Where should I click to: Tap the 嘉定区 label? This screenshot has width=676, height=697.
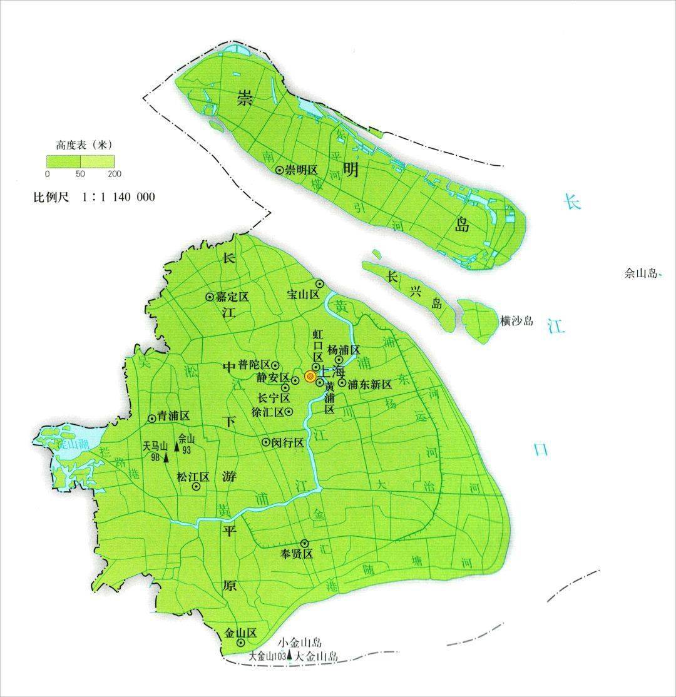232,297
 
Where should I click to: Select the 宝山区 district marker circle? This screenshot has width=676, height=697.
319,284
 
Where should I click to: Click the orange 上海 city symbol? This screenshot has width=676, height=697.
310,377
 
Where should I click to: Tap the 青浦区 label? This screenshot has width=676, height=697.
173,419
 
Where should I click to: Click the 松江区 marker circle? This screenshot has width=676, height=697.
196,486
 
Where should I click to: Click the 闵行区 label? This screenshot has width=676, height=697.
287,442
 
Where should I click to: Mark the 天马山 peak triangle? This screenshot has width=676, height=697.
166,458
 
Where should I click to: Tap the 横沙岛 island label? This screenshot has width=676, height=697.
517,321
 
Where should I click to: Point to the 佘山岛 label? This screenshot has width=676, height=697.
642,273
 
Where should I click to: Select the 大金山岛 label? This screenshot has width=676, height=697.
316,656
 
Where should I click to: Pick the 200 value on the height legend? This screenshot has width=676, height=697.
115,173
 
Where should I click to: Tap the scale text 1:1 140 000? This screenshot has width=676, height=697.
118,197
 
